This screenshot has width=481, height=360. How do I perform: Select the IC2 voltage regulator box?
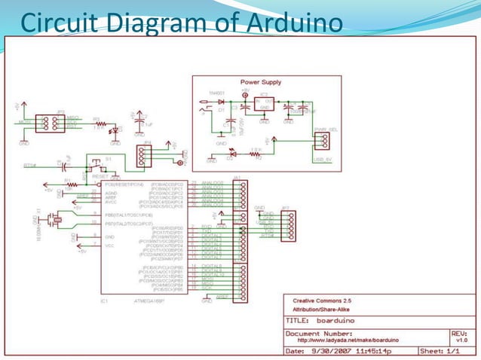click(264, 103)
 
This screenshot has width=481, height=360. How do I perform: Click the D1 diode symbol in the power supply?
click(221, 100)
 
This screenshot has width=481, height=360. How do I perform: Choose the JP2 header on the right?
click(285, 224)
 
